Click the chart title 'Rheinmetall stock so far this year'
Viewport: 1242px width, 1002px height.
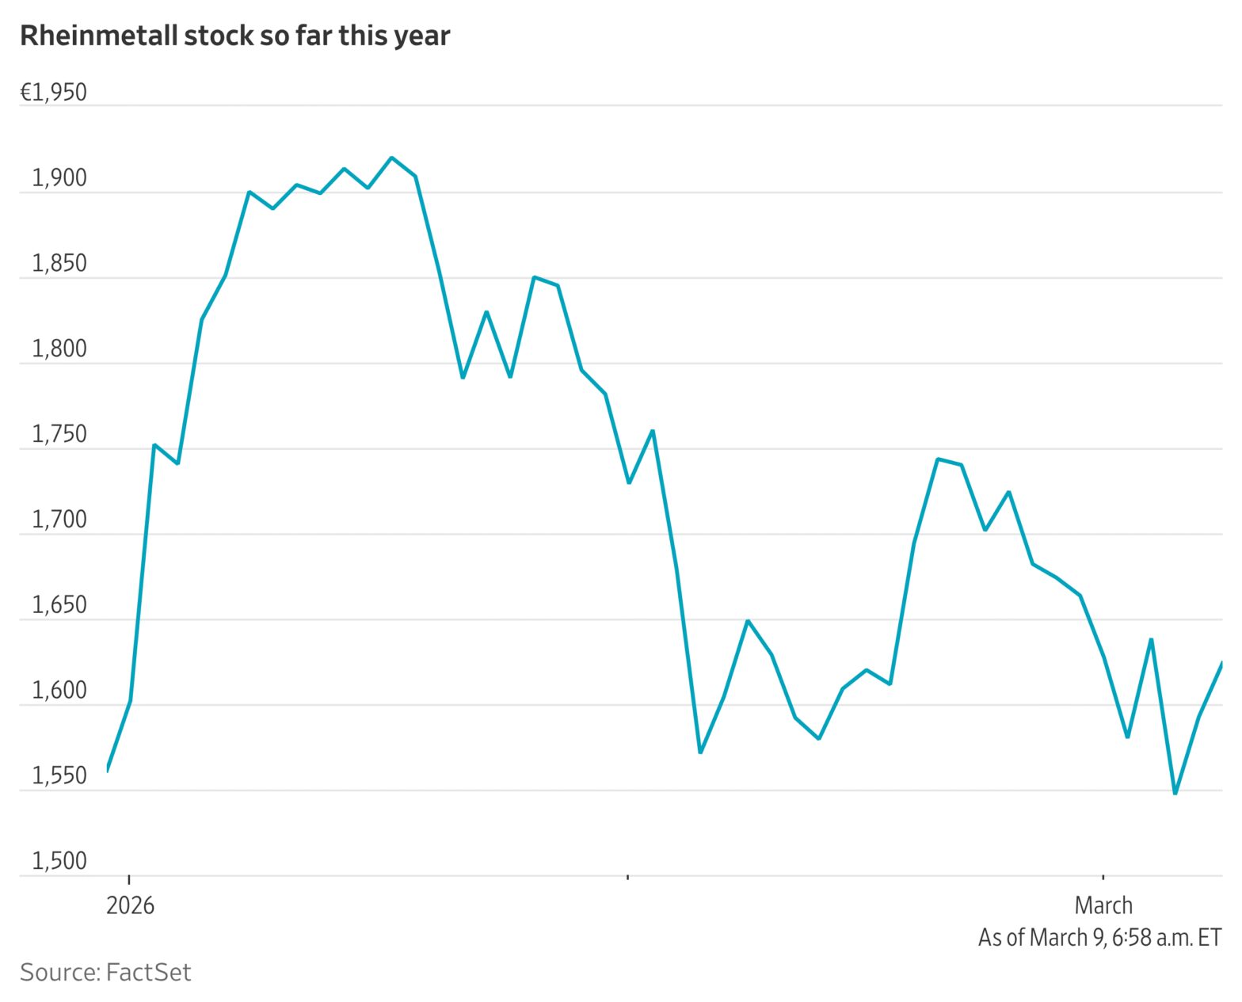(234, 36)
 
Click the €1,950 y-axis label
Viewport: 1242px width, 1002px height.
(53, 93)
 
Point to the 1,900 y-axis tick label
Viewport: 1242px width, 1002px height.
(59, 179)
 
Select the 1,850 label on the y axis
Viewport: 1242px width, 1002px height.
(59, 265)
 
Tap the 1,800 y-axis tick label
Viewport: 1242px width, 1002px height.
(59, 349)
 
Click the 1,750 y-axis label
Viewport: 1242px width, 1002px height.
(59, 435)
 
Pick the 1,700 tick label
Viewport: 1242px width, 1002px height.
(59, 520)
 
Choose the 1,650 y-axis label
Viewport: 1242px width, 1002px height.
(59, 606)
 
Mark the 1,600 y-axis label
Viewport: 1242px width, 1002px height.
(59, 691)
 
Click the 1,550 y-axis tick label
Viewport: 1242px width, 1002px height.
(59, 776)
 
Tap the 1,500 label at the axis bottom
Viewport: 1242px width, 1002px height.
(59, 862)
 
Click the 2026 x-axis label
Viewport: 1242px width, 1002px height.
(130, 905)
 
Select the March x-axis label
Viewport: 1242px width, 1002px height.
(1103, 905)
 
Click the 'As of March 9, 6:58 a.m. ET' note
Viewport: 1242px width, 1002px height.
(1099, 938)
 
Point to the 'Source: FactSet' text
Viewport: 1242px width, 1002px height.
(105, 973)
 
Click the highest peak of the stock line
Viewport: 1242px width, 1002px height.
(391, 158)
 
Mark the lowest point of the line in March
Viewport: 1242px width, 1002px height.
(1175, 794)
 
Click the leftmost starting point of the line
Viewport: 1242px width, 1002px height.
(107, 769)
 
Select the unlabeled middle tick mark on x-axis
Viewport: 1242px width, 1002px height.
(627, 878)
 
